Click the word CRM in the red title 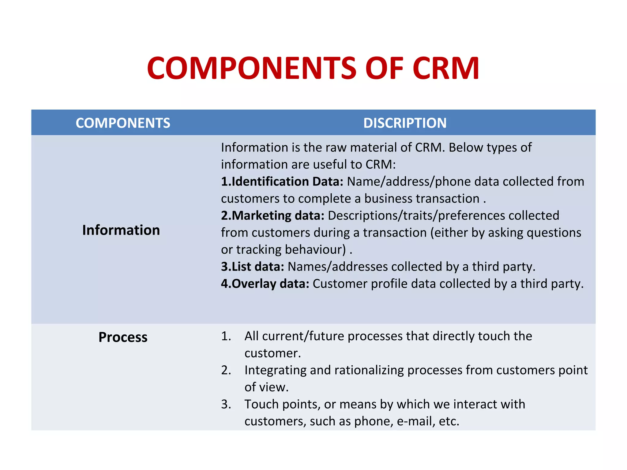(x=445, y=69)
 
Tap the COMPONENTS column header (x=123, y=123)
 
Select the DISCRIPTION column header (x=405, y=123)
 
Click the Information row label (x=121, y=230)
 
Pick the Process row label (x=123, y=337)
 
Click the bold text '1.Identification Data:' (x=282, y=182)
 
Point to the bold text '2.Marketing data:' (x=272, y=216)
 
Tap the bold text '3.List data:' (x=253, y=267)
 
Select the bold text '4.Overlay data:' (x=265, y=284)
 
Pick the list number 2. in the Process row (x=226, y=370)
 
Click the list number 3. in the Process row (x=226, y=405)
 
